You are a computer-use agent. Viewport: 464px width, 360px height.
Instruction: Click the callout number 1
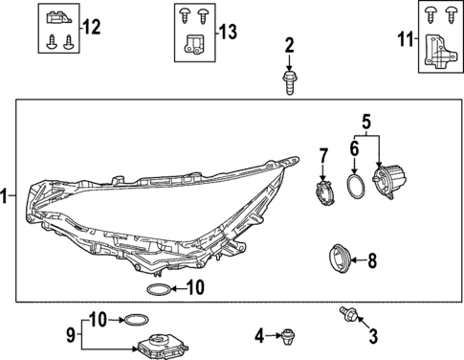tap(7, 197)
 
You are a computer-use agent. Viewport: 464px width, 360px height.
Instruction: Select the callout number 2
tap(289, 45)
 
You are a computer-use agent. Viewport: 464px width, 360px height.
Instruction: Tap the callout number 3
tap(373, 335)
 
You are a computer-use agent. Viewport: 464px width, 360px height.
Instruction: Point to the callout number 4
tap(258, 335)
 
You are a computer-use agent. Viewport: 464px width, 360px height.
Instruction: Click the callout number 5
tap(365, 122)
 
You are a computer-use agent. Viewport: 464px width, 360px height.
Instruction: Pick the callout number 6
tap(353, 150)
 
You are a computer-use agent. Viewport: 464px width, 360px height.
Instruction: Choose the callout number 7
tap(323, 154)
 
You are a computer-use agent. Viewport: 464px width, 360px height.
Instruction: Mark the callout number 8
tap(372, 259)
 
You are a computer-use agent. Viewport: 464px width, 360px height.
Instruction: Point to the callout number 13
tap(227, 32)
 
